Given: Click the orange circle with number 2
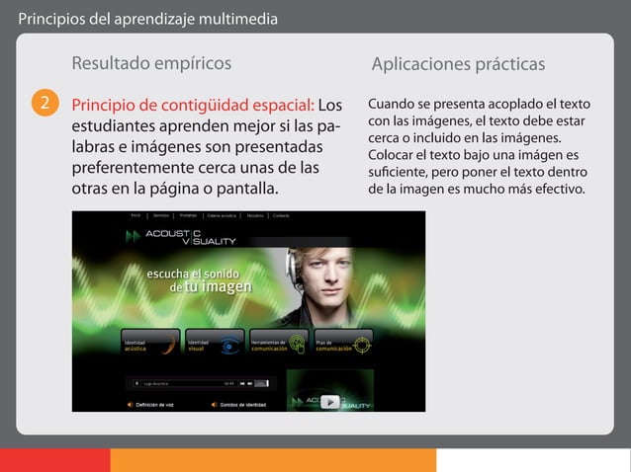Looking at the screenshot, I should (43, 105).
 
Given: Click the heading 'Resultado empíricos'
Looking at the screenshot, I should (151, 64).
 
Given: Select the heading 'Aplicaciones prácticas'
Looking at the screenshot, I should (458, 64).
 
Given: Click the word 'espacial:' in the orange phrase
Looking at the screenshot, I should (282, 105).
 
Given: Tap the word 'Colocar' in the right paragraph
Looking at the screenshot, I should (394, 155).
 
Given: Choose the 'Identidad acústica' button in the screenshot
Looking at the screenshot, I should (150, 342).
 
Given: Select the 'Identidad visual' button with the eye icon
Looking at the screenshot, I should (214, 342).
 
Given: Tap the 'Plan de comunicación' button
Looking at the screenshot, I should (342, 342).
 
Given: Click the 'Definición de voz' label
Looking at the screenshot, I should (154, 405).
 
